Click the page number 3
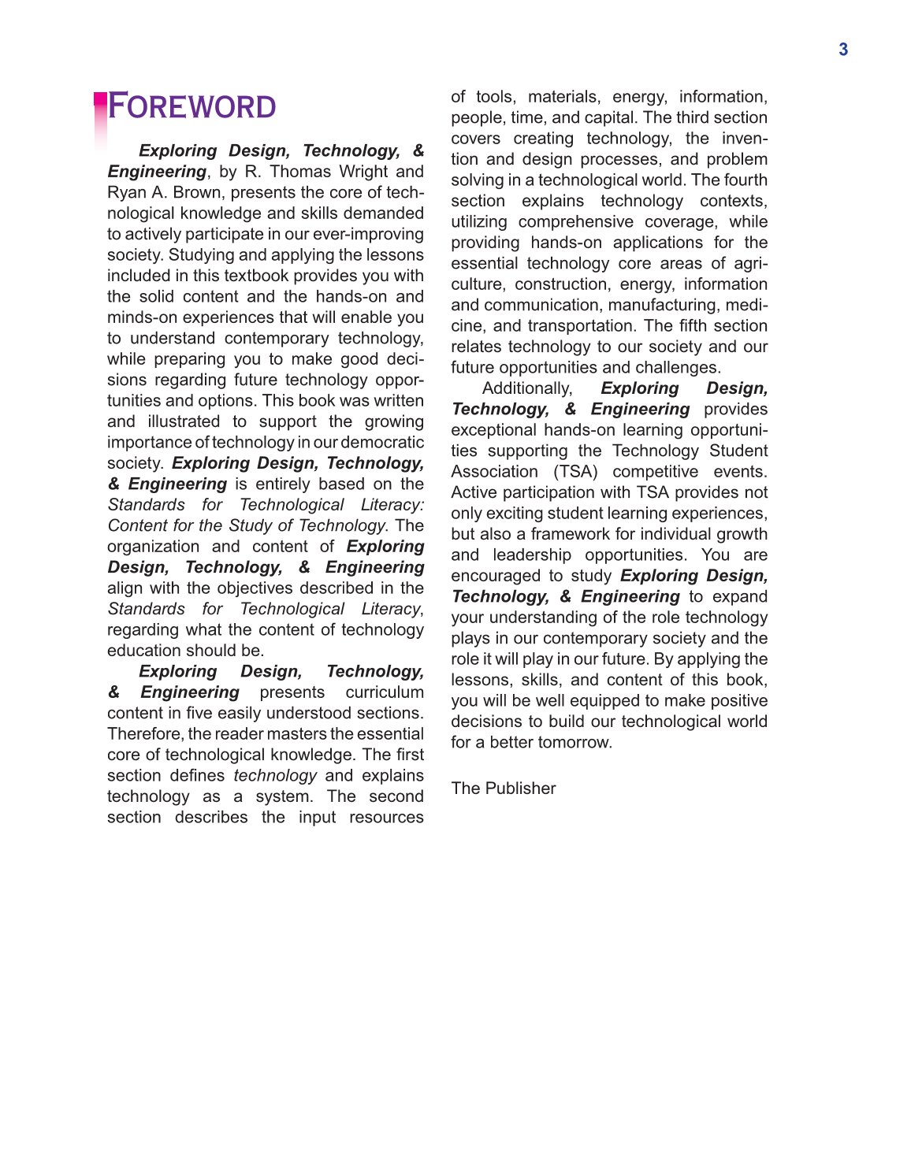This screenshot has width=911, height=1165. click(843, 50)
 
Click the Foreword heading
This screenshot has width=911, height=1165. click(191, 107)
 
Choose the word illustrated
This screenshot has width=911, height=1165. click(184, 421)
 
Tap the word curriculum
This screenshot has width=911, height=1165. click(385, 692)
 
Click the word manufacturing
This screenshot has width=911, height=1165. click(659, 306)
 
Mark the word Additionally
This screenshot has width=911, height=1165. click(527, 388)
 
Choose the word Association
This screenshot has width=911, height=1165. click(494, 472)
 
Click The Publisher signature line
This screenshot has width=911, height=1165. click(504, 788)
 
